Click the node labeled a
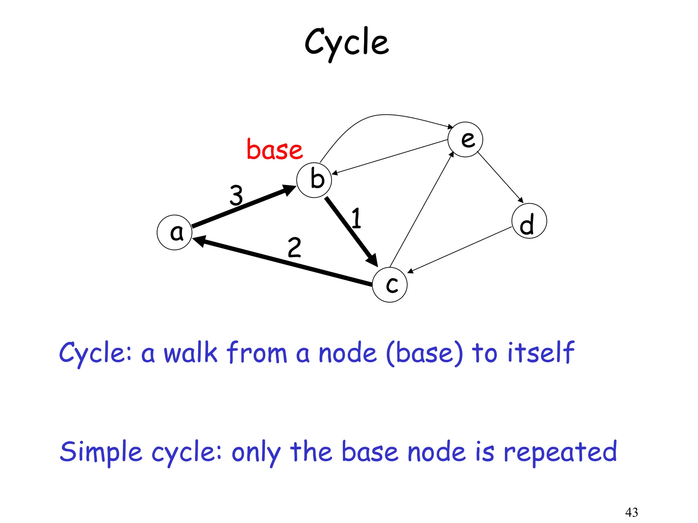point(174,233)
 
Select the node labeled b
point(314,180)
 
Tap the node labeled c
point(390,285)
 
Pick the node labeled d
point(529,221)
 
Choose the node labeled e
point(465,140)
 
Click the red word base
point(275,150)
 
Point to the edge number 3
point(236,195)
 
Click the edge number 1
point(356,218)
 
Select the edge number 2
point(294,248)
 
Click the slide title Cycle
point(347,43)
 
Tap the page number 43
point(632,512)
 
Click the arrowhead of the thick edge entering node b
point(289,190)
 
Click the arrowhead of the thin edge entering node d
point(520,200)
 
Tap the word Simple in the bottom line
point(101,452)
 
